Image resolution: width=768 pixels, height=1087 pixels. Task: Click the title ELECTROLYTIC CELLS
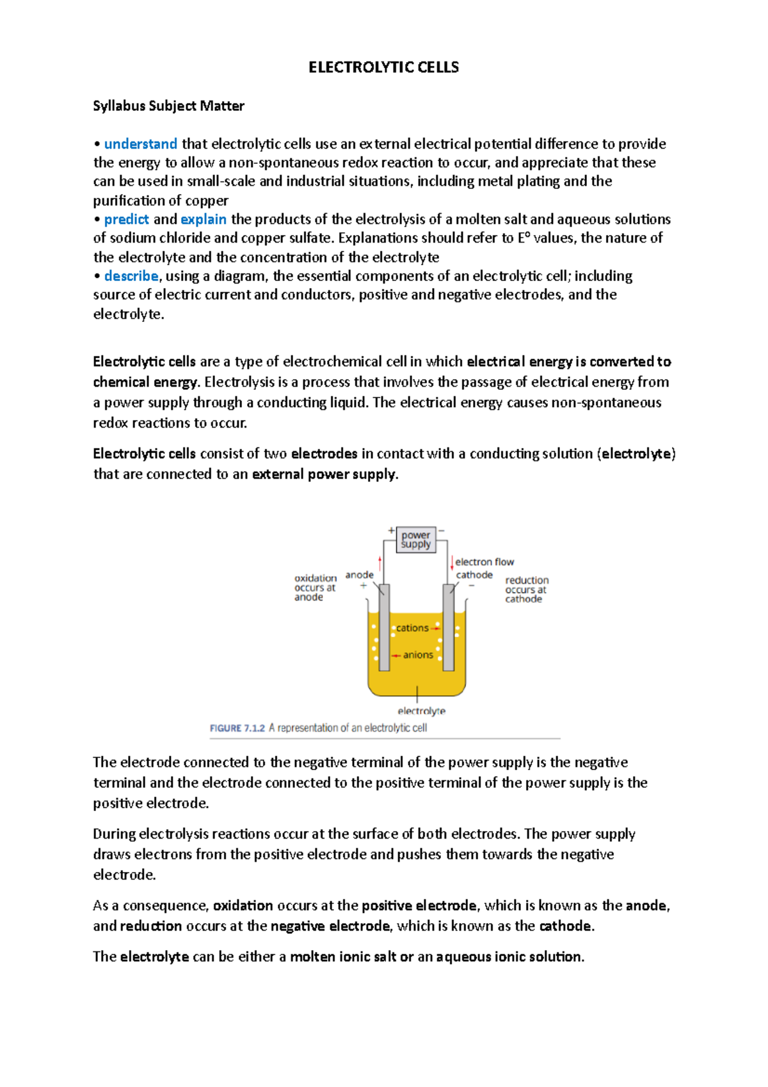pos(383,67)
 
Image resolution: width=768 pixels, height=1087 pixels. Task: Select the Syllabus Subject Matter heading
pos(168,106)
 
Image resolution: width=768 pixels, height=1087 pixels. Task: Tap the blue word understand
pos(140,143)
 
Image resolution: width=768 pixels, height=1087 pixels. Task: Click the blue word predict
pos(126,219)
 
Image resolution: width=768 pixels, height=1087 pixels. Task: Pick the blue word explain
pos(203,219)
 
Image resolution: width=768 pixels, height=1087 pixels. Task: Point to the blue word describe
pos(131,276)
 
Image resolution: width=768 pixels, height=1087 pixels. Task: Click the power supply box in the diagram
pos(416,540)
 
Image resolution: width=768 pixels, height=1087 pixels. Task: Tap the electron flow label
pos(484,561)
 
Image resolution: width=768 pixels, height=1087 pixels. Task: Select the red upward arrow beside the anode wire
pos(380,563)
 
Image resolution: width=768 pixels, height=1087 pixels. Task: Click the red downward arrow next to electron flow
pos(452,563)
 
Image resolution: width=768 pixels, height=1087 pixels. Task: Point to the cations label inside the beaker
pos(412,628)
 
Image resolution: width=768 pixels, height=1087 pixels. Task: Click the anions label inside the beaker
pos(418,655)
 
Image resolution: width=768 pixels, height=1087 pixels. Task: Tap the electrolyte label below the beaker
pos(421,711)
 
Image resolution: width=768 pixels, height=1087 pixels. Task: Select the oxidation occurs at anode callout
pos(315,587)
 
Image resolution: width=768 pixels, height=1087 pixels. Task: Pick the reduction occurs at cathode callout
pos(526,589)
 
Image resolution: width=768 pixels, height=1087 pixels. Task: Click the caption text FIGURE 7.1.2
pos(237,728)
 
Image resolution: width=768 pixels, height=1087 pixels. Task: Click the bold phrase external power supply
pos(324,474)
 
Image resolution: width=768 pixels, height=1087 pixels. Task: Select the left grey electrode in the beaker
pos(384,627)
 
